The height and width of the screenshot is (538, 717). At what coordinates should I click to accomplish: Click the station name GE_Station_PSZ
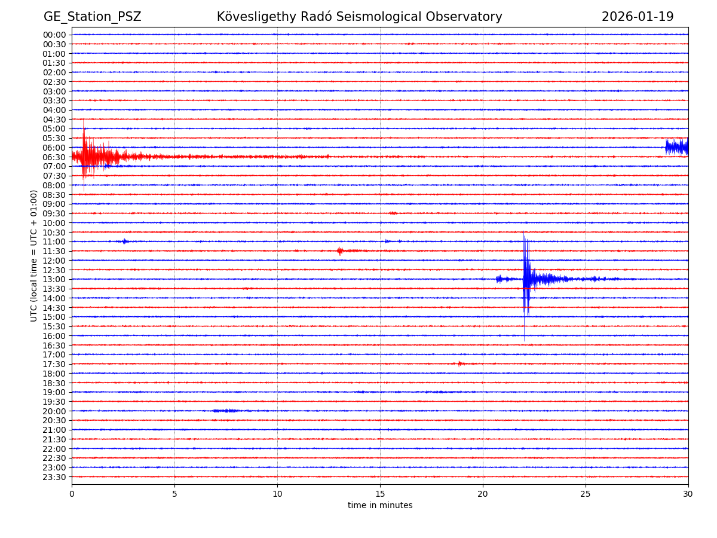[x=92, y=17]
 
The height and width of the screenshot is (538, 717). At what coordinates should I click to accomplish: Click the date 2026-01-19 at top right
[x=637, y=17]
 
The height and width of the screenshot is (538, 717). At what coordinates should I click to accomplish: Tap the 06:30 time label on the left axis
[x=54, y=157]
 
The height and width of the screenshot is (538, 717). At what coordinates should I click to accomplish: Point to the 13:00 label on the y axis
[x=54, y=279]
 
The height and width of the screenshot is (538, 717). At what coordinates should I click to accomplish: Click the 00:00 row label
[x=54, y=35]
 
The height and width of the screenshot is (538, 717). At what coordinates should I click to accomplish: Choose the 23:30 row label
[x=54, y=477]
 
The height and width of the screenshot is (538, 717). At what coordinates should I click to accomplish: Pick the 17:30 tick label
[x=54, y=364]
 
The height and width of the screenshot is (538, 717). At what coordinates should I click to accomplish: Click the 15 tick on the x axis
[x=380, y=494]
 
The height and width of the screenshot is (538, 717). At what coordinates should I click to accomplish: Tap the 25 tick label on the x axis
[x=586, y=494]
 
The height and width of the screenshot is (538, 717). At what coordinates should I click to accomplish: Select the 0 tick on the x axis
[x=72, y=494]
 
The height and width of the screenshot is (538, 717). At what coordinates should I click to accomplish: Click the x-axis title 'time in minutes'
[x=380, y=506]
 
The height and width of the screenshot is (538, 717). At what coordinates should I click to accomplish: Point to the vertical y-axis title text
[x=34, y=255]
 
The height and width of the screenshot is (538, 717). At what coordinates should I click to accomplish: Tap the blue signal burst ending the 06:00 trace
[x=677, y=147]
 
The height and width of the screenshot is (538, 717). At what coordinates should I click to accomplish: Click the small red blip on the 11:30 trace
[x=340, y=251]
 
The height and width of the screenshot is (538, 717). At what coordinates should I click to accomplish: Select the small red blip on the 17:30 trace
[x=459, y=363]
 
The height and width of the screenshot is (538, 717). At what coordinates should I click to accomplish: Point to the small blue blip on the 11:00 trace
[x=124, y=242]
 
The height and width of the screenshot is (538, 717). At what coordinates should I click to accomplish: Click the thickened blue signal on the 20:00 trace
[x=226, y=411]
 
